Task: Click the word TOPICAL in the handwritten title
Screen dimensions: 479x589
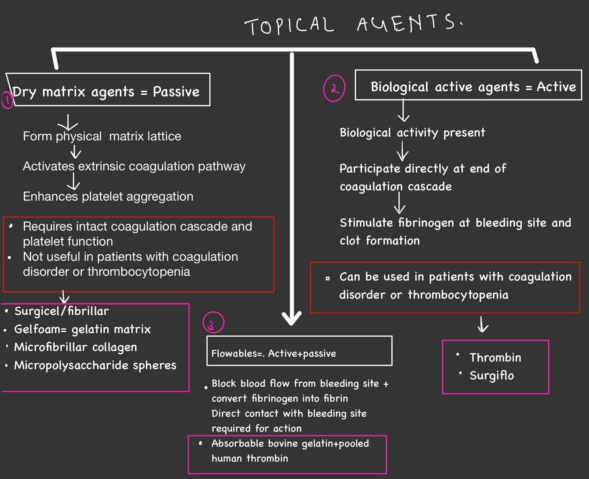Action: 289,25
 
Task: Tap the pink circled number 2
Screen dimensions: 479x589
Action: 334,88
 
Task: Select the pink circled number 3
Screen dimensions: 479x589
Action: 213,322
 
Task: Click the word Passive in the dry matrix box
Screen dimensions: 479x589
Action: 176,92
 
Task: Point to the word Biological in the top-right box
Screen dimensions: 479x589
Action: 399,87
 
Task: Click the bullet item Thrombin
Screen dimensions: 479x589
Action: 495,358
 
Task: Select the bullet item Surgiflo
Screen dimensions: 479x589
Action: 492,375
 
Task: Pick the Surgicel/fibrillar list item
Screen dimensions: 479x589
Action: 62,311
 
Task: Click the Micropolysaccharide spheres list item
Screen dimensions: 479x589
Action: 95,365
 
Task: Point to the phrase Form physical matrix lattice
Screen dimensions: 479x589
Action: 102,136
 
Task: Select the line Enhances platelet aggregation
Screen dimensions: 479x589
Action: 108,197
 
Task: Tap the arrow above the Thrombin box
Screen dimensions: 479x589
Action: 483,325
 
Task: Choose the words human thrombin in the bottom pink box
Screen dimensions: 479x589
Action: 250,458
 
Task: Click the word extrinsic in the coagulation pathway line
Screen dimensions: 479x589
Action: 102,167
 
